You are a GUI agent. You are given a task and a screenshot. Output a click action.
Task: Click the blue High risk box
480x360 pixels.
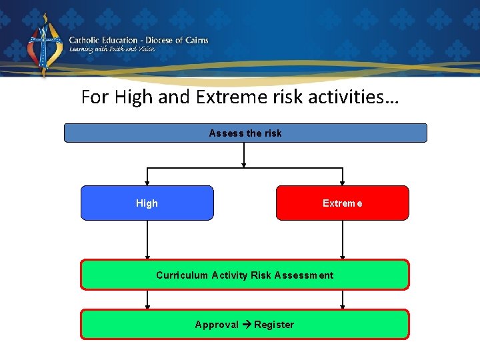(x=147, y=203)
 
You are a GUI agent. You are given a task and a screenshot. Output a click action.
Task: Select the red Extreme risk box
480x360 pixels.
(x=342, y=203)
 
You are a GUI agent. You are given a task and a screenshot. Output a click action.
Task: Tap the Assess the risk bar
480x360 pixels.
(x=245, y=133)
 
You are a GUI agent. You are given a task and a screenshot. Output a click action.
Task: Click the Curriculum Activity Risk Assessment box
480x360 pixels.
(x=245, y=275)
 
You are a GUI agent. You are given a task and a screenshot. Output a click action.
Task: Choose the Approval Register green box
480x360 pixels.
(x=245, y=324)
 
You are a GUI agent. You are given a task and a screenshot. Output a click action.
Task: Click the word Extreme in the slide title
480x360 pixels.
(x=225, y=97)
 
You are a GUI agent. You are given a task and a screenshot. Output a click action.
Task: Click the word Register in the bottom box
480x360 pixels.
(x=274, y=325)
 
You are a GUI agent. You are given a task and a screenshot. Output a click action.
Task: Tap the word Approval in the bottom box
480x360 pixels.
(x=217, y=325)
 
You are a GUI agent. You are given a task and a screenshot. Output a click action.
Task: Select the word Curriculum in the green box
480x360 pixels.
(x=182, y=275)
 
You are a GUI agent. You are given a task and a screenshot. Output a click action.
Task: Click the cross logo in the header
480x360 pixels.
(x=44, y=45)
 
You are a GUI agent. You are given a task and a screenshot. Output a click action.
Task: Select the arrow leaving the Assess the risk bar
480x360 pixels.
(x=245, y=154)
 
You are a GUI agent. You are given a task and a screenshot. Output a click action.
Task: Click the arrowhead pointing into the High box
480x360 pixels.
(x=147, y=182)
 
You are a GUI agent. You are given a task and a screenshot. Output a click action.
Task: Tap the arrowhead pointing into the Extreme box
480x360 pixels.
(x=343, y=182)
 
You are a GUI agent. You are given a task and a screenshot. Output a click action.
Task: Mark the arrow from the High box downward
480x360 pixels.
(x=147, y=240)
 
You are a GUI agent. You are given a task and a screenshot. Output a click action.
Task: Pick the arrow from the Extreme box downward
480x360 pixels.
(x=343, y=240)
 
